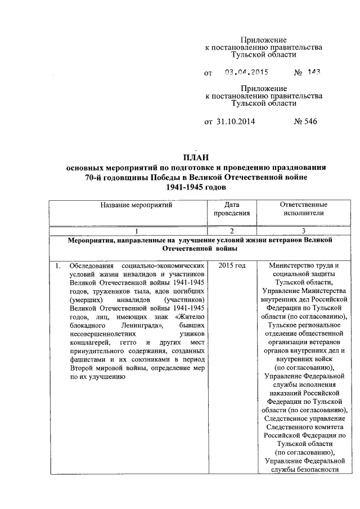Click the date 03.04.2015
tap(246, 73)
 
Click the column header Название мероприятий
tap(136, 205)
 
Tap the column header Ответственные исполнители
tap(303, 209)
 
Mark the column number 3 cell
tap(303, 231)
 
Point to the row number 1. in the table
tap(58, 265)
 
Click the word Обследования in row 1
tap(91, 265)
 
